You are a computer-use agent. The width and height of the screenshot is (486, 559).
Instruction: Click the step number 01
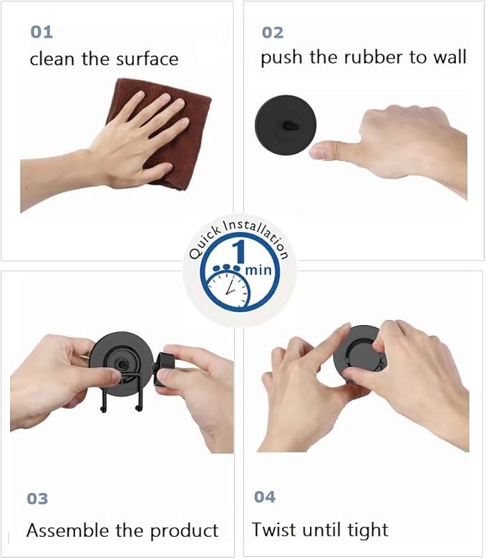point(42,32)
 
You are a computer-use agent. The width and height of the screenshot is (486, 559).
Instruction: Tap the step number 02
point(272,32)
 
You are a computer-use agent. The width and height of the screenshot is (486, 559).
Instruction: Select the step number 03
point(37,498)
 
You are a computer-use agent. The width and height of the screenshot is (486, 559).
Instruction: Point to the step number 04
point(264,497)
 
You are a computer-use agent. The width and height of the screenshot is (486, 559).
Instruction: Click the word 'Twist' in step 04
point(273,530)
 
